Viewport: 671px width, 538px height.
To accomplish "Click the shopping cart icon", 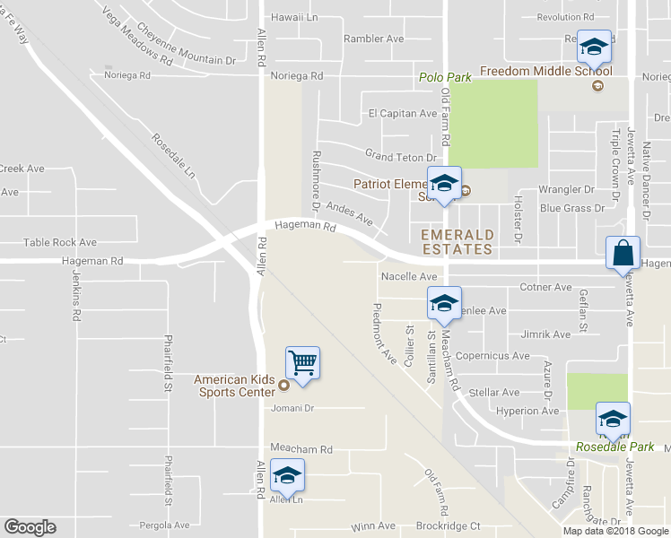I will tap(303, 363).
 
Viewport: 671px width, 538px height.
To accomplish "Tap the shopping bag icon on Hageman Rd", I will tap(623, 253).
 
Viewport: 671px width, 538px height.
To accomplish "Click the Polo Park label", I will tap(445, 78).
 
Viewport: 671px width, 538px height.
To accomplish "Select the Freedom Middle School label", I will tap(545, 71).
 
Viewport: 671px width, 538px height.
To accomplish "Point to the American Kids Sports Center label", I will tap(237, 386).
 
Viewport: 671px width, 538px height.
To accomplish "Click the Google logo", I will tap(30, 527).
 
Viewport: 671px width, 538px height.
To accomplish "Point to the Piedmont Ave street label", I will tap(384, 333).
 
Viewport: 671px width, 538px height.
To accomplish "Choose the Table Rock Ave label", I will tap(60, 242).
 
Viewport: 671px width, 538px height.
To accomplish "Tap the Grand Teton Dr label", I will tap(400, 157).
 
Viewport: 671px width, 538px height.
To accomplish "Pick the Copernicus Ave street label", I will tap(492, 355).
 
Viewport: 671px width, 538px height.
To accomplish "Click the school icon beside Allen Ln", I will tap(287, 475).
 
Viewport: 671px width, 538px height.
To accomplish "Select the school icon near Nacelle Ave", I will tap(444, 303).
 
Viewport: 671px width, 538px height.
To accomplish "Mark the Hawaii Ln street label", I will tap(295, 17).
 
